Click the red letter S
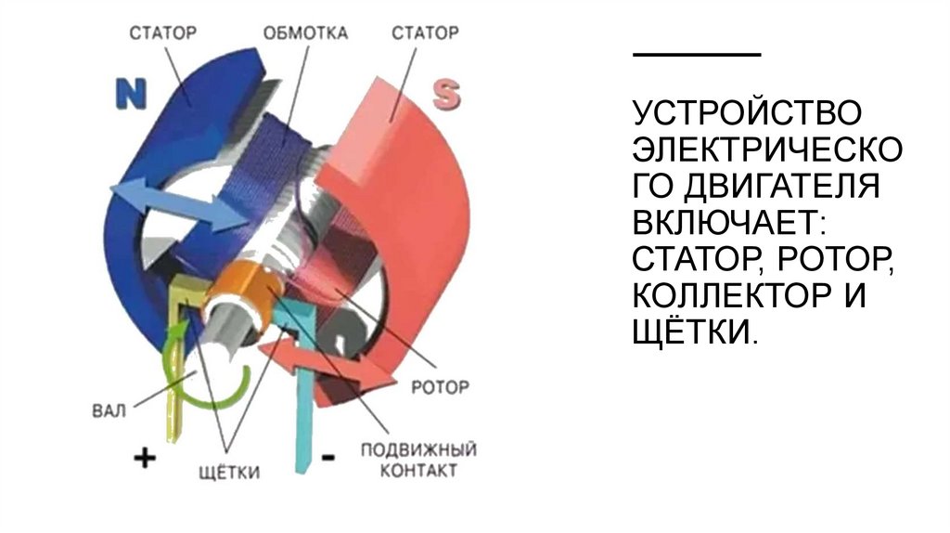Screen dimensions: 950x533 click(446, 94)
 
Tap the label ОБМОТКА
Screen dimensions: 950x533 click(305, 33)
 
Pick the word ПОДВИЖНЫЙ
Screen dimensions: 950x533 click(417, 450)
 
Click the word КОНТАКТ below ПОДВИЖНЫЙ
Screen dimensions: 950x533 click(417, 472)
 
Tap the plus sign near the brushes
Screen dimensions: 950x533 click(144, 457)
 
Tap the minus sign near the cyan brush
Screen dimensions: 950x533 click(327, 457)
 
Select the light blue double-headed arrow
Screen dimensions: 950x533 click(176, 204)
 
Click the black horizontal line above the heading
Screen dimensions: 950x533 click(696, 55)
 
